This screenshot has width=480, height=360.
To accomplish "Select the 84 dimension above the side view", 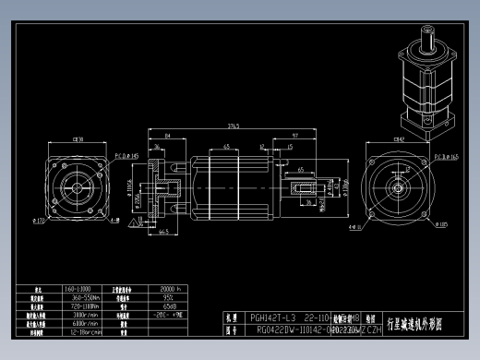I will pos(166,136).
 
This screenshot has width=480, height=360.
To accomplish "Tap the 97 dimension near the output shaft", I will pos(294,136).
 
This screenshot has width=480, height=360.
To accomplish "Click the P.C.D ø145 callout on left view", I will pos(126,156).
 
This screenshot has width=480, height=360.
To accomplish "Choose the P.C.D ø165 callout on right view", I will pos(447,157).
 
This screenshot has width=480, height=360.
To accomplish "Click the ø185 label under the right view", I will pos(444,224).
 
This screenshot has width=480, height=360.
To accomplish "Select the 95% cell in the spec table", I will pos(169,298).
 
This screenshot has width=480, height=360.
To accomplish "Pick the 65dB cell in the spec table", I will pos(170,306).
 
